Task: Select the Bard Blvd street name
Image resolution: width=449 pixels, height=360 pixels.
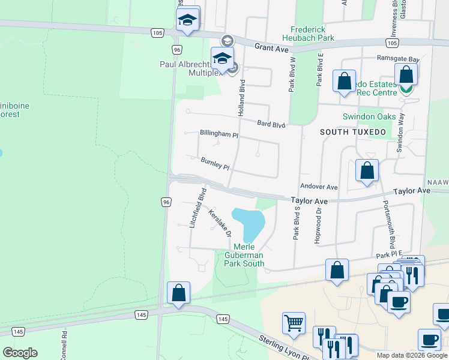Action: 271,124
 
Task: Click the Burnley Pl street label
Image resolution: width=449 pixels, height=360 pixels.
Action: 215,163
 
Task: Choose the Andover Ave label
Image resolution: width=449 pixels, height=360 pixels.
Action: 319,187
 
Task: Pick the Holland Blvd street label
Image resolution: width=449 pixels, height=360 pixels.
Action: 241,100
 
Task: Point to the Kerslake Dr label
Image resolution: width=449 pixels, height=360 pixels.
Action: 220,221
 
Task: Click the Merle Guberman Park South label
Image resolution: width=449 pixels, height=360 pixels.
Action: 244,256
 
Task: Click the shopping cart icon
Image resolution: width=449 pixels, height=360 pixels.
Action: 294,322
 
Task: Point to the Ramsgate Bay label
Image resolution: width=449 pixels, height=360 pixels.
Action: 397,59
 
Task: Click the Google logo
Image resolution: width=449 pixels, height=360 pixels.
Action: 20,353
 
